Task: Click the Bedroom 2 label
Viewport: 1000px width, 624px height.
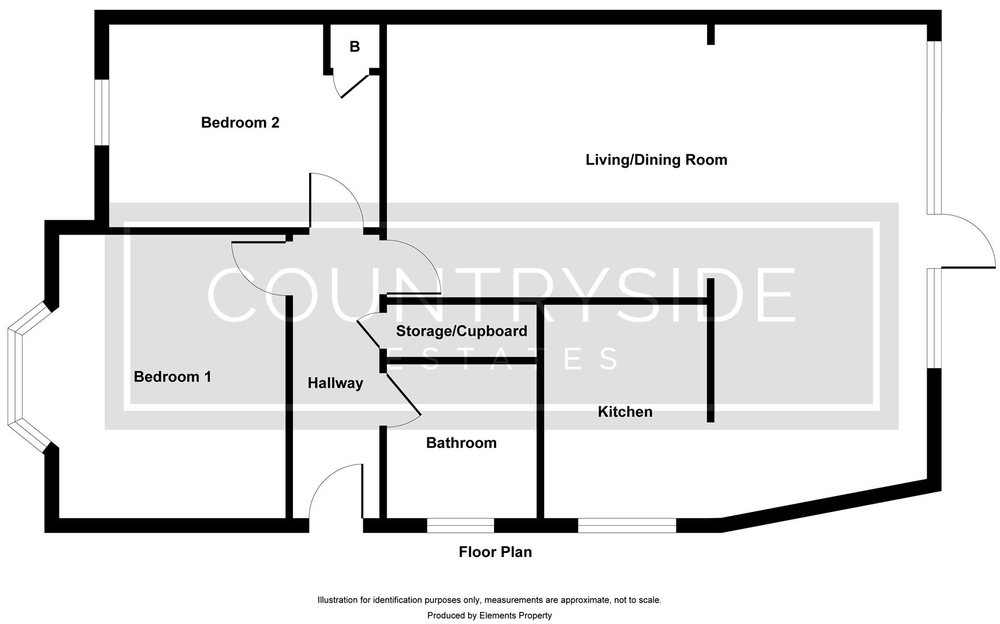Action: [x=240, y=122]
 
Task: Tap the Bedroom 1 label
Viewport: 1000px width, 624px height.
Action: [x=172, y=377]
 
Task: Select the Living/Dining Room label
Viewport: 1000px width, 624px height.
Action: [x=656, y=159]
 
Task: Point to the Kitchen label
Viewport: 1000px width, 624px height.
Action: [x=624, y=411]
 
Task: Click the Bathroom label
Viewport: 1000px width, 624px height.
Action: [x=461, y=443]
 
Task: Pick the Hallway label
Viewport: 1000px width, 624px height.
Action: [x=335, y=382]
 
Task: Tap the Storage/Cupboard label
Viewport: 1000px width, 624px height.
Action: [x=461, y=331]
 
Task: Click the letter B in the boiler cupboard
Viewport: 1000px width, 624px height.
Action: [x=355, y=47]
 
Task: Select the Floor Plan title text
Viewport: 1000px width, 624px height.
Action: [x=495, y=552]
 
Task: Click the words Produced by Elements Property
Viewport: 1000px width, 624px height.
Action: [x=489, y=615]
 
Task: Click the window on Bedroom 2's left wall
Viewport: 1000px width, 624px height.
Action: [x=102, y=112]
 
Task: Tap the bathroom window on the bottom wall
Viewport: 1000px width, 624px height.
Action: [x=460, y=525]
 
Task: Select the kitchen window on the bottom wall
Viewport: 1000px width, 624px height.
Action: [x=627, y=525]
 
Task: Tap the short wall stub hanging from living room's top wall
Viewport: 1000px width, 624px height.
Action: [x=711, y=34]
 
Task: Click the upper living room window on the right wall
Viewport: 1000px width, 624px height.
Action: [x=935, y=127]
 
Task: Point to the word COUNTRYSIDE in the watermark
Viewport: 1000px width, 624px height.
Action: [x=501, y=295]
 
